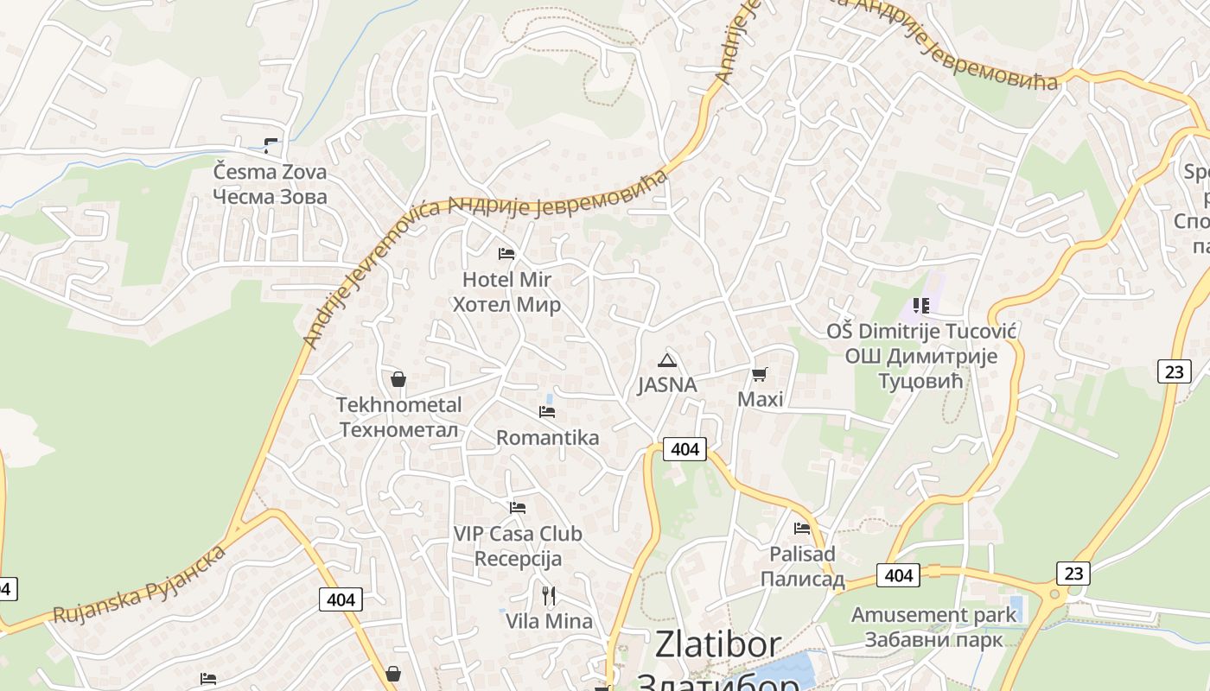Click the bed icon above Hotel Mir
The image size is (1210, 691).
(506, 254)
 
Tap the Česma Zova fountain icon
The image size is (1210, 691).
(271, 145)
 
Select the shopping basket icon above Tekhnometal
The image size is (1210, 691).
(398, 379)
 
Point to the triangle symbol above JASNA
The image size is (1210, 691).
(666, 360)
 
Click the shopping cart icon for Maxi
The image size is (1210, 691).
(760, 374)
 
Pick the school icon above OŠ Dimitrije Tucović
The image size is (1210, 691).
(920, 305)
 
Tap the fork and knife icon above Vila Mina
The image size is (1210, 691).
(548, 595)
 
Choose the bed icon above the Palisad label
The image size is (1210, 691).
(802, 528)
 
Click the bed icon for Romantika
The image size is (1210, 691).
(547, 412)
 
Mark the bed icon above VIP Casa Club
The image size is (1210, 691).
(518, 508)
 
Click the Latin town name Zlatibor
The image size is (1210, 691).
(717, 644)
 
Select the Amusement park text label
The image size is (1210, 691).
(933, 615)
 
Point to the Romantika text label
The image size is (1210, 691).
(547, 438)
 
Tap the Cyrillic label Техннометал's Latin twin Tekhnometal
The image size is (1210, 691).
(399, 405)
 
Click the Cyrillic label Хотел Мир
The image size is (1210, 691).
(506, 305)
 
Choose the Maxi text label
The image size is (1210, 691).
(761, 399)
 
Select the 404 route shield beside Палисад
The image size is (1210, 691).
(899, 575)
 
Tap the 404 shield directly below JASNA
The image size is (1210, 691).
(685, 449)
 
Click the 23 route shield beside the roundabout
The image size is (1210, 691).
(1073, 574)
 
